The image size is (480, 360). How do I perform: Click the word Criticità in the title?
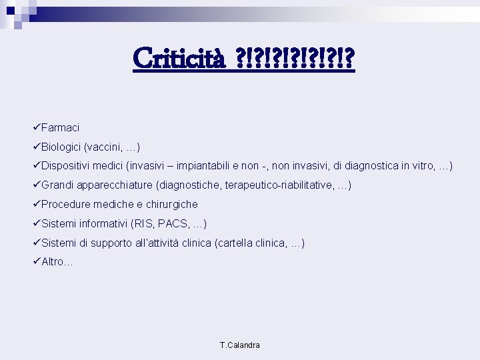180,59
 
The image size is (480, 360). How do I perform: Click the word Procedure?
66,204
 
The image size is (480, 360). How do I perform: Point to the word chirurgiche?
171,204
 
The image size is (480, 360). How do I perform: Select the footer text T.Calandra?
240,345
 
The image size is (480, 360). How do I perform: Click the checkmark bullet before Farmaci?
36,127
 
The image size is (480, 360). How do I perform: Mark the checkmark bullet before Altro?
36,262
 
